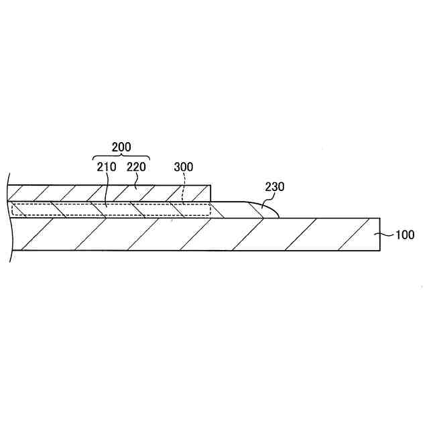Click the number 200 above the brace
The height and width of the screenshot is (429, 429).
click(x=121, y=147)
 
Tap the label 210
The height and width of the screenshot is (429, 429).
click(x=107, y=166)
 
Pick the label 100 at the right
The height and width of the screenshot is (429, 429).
click(x=404, y=235)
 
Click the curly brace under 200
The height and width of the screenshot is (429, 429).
click(x=121, y=158)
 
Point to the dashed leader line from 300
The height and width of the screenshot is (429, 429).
click(x=183, y=190)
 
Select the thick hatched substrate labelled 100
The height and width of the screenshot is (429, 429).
click(x=201, y=234)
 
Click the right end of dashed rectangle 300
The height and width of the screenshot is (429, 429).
click(x=210, y=210)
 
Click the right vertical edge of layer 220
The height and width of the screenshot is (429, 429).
click(x=211, y=193)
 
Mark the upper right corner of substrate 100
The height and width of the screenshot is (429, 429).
click(x=380, y=218)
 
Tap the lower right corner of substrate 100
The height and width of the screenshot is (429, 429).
click(x=380, y=251)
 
